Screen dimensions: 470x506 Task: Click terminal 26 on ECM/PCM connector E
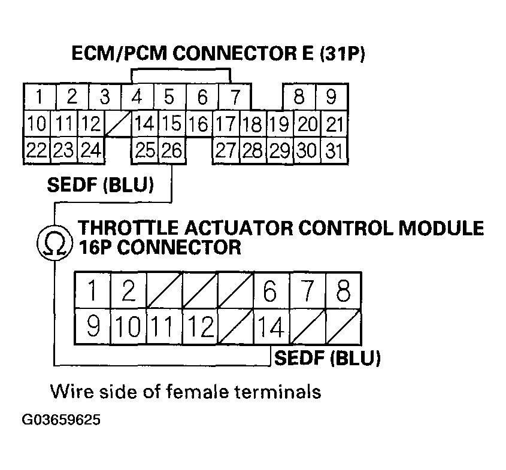(172, 150)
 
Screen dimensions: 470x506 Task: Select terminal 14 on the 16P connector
(271, 328)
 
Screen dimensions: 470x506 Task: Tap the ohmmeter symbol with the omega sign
(53, 242)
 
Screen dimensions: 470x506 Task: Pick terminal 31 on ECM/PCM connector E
(334, 150)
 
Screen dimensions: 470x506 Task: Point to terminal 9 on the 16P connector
(93, 328)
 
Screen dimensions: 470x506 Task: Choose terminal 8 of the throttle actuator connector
(343, 293)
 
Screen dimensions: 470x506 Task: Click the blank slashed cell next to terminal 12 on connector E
(117, 125)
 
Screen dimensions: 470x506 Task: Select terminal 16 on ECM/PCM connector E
(198, 125)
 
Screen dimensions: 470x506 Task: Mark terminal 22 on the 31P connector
(37, 150)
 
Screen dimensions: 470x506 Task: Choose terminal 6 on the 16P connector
(271, 293)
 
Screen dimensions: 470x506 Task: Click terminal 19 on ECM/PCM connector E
(279, 125)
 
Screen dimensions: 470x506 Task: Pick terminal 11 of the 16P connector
(163, 328)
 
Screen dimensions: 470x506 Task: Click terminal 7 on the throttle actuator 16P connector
(308, 293)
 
